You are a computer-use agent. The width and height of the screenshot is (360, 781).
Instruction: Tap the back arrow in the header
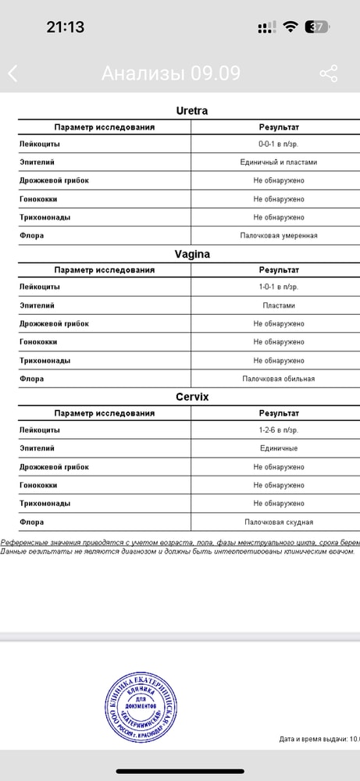[13, 73]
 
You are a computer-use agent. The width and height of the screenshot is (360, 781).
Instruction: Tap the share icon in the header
[329, 73]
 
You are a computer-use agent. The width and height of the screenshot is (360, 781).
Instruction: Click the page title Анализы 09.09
[170, 73]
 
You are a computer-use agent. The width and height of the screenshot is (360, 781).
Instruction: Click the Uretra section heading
[191, 111]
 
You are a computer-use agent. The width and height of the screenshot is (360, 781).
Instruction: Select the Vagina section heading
[191, 254]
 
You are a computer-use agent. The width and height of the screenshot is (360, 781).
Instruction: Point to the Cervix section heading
[191, 397]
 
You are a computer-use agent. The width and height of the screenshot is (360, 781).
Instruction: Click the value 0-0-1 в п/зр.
[278, 144]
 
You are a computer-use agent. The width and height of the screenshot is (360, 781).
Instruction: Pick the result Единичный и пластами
[278, 162]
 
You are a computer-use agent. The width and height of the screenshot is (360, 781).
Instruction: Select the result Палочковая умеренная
[278, 235]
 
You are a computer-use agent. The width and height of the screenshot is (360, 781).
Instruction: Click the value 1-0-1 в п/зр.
[278, 287]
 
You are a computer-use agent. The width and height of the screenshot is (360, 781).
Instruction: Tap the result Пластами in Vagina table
[278, 305]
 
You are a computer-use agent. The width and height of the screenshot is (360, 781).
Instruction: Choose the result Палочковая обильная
[278, 379]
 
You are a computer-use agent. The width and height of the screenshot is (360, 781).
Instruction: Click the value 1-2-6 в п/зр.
[278, 430]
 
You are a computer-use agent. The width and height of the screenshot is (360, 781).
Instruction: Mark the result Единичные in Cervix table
[278, 448]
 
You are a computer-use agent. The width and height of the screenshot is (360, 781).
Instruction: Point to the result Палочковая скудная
[278, 522]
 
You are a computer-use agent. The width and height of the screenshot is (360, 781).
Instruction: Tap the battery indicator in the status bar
[318, 27]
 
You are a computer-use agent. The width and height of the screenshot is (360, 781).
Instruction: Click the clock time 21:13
[66, 27]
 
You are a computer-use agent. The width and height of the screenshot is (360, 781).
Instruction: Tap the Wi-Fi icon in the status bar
[290, 27]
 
